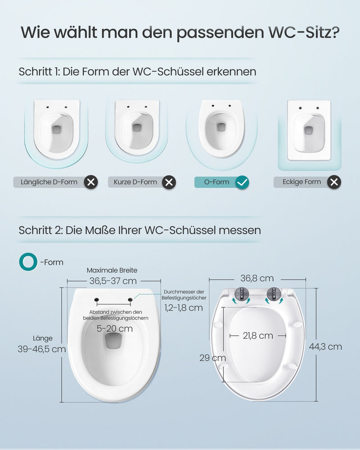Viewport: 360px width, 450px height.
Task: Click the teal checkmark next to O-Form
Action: pyautogui.click(x=242, y=182)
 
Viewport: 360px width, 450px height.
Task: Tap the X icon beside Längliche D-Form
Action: pyautogui.click(x=91, y=182)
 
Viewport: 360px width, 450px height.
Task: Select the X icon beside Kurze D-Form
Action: pyautogui.click(x=169, y=182)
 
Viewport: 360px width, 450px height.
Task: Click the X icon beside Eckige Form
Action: pyautogui.click(x=334, y=182)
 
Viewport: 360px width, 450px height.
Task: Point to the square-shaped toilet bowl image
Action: pyautogui.click(x=309, y=130)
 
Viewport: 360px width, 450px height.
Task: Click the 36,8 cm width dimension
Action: pyautogui.click(x=257, y=278)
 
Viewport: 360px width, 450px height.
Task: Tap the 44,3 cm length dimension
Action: pyautogui.click(x=325, y=346)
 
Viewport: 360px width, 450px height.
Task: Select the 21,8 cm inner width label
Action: pyautogui.click(x=258, y=336)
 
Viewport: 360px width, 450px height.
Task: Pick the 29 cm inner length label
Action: pyautogui.click(x=213, y=358)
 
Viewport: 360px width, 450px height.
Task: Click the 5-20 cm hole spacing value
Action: pyautogui.click(x=115, y=328)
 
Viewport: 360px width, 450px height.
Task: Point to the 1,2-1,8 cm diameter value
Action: pyautogui.click(x=184, y=308)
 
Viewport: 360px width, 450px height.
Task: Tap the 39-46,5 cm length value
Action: pyautogui.click(x=42, y=349)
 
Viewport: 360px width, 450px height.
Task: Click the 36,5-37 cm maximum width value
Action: pyautogui.click(x=113, y=281)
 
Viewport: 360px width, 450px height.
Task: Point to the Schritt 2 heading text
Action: pyautogui.click(x=140, y=230)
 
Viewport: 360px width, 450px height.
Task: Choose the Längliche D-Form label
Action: pyautogui.click(x=49, y=182)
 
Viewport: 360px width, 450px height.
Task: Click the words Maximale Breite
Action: pyautogui.click(x=112, y=270)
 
